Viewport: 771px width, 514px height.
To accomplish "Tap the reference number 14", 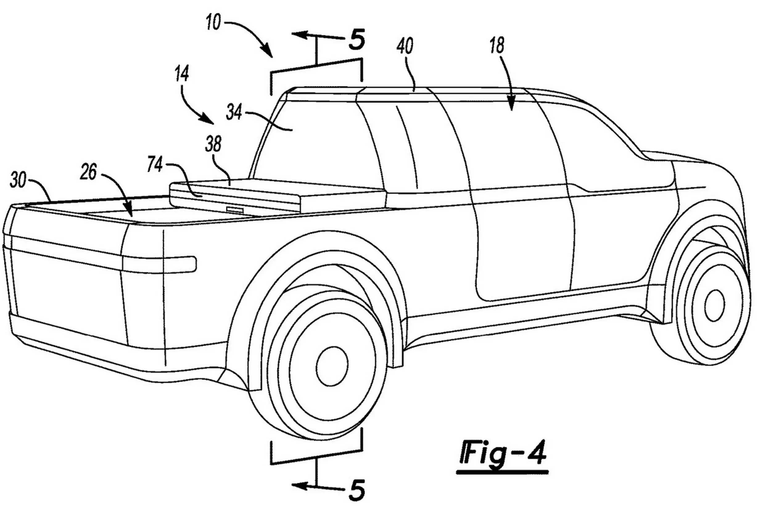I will tap(182, 74).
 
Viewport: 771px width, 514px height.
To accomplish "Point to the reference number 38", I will tap(213, 144).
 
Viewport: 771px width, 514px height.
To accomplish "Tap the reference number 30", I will tap(18, 180).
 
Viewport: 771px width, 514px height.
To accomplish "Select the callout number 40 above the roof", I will tap(405, 46).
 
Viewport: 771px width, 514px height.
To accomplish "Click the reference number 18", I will tap(497, 46).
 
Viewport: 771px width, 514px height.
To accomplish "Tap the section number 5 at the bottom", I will tap(356, 490).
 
